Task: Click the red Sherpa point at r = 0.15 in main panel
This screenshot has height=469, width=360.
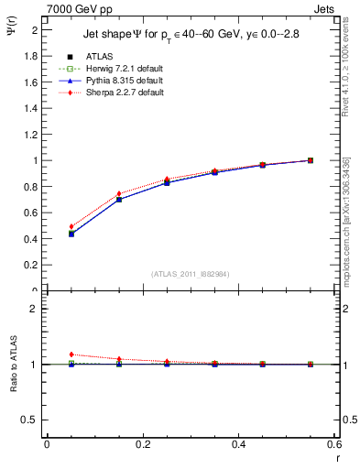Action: coord(119,194)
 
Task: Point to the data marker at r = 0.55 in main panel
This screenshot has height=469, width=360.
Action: coord(311,160)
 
